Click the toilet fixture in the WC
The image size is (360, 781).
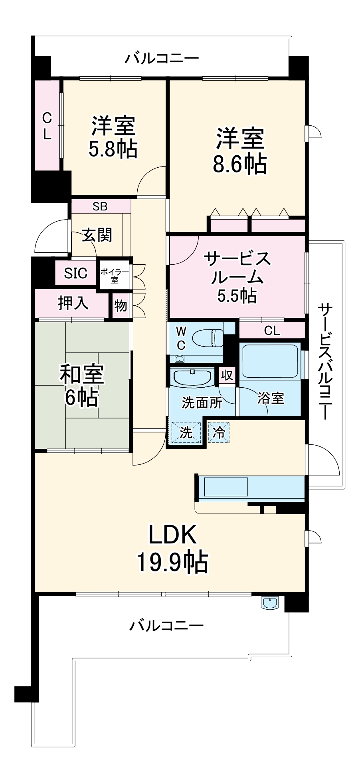point(207,338)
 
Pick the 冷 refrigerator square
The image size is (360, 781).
point(219,432)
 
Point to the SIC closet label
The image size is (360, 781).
point(75,273)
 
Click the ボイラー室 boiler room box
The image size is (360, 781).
point(115,275)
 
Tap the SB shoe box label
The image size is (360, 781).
point(100,206)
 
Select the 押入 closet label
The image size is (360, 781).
point(73,303)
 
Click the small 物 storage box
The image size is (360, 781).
point(121,306)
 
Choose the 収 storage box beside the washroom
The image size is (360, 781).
point(227,375)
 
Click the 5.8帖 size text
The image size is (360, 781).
point(113,149)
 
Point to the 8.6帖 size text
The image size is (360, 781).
point(239,164)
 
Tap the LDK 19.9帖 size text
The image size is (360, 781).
point(172,561)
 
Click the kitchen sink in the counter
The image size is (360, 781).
point(225,487)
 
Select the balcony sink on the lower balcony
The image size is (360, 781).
point(271,603)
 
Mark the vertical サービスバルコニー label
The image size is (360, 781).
point(325,361)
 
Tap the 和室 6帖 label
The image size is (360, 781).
point(81,386)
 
